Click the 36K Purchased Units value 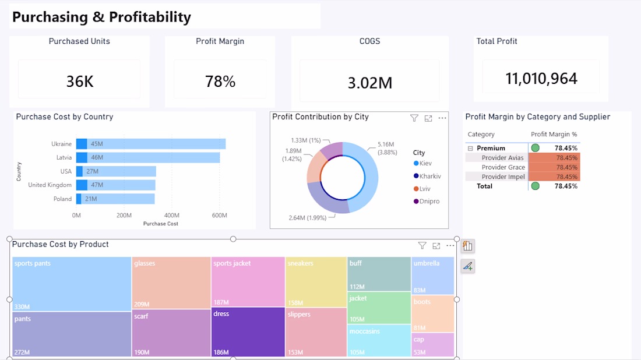tap(80, 82)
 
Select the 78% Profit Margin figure tap(220, 82)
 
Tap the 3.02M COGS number tap(370, 83)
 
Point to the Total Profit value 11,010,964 tap(541, 79)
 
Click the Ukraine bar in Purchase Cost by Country tap(151, 144)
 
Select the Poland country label tap(62, 199)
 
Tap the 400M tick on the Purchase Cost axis tap(172, 216)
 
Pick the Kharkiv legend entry tap(427, 176)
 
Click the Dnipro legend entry tap(427, 202)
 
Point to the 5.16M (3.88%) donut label tap(387, 149)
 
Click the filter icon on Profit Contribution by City tap(414, 118)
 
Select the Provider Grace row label tap(503, 167)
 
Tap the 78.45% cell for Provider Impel tap(554, 177)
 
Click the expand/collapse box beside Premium tap(470, 149)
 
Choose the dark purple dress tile tap(248, 332)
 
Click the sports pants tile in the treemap tap(72, 284)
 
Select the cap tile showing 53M tap(432, 344)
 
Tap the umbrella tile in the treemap tap(432, 276)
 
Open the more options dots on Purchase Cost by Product tap(450, 246)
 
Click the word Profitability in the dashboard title tap(150, 17)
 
